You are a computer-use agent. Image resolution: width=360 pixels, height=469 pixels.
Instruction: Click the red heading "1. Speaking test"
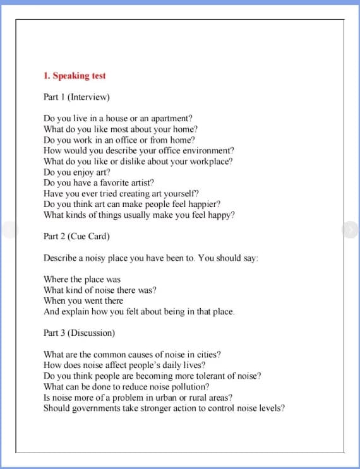pyautogui.click(x=75, y=76)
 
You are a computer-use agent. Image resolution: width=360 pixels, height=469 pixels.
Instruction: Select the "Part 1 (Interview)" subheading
pyautogui.click(x=76, y=97)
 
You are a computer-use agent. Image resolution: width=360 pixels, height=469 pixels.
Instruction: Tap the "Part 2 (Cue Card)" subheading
pyautogui.click(x=76, y=237)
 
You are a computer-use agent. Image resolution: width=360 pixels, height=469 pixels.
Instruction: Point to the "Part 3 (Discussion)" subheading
pyautogui.click(x=79, y=333)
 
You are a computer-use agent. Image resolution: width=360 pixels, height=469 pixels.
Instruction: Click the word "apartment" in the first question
pyautogui.click(x=171, y=119)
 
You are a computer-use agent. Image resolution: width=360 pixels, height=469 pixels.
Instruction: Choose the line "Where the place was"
pyautogui.click(x=82, y=279)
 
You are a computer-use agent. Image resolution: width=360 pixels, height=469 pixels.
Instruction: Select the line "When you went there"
pyautogui.click(x=83, y=300)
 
